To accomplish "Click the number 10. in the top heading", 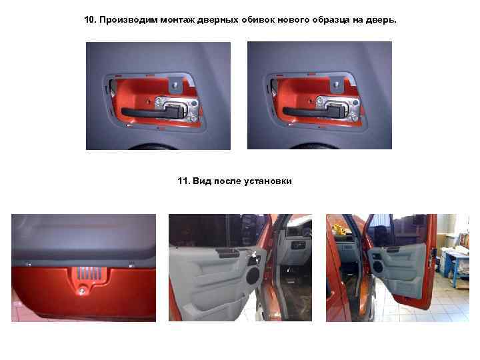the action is click(90, 20).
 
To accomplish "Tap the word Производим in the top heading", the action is click(128, 20).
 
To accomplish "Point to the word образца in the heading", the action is click(331, 21).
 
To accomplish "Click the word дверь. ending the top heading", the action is click(381, 20).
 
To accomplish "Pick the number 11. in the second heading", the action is click(183, 181).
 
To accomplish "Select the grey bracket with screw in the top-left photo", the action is click(176, 85).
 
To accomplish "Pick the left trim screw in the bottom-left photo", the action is click(29, 264).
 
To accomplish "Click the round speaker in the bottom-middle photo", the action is click(253, 275).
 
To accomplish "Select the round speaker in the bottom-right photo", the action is click(378, 266).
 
